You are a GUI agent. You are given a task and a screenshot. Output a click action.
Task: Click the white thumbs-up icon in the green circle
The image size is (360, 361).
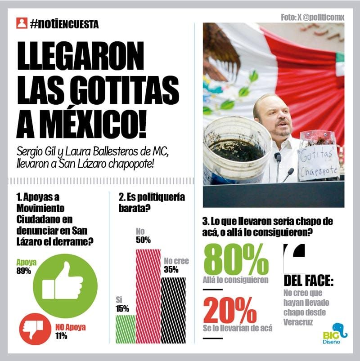click(63, 282)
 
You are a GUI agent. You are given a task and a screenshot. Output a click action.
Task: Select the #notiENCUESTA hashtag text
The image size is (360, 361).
click(64, 24)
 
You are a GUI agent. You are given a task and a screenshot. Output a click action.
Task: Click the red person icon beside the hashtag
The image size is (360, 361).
click(22, 23)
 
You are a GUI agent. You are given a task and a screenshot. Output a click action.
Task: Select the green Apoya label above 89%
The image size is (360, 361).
click(27, 263)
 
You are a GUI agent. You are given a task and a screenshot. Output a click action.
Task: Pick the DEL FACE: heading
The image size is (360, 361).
click(309, 281)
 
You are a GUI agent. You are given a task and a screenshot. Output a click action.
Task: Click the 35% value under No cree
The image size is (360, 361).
click(171, 270)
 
